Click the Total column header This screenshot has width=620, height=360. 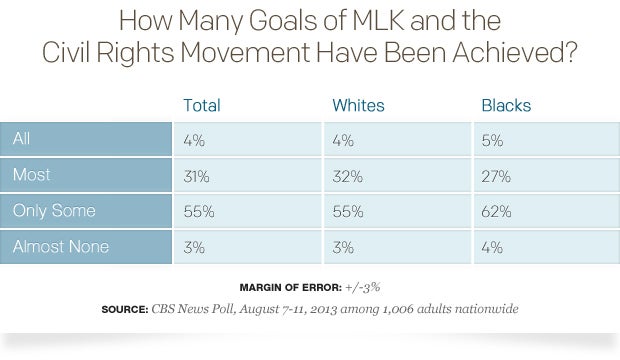click(201, 104)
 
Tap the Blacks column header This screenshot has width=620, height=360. click(505, 104)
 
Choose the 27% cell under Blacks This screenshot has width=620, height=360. click(495, 177)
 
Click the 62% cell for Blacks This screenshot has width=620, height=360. click(496, 213)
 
